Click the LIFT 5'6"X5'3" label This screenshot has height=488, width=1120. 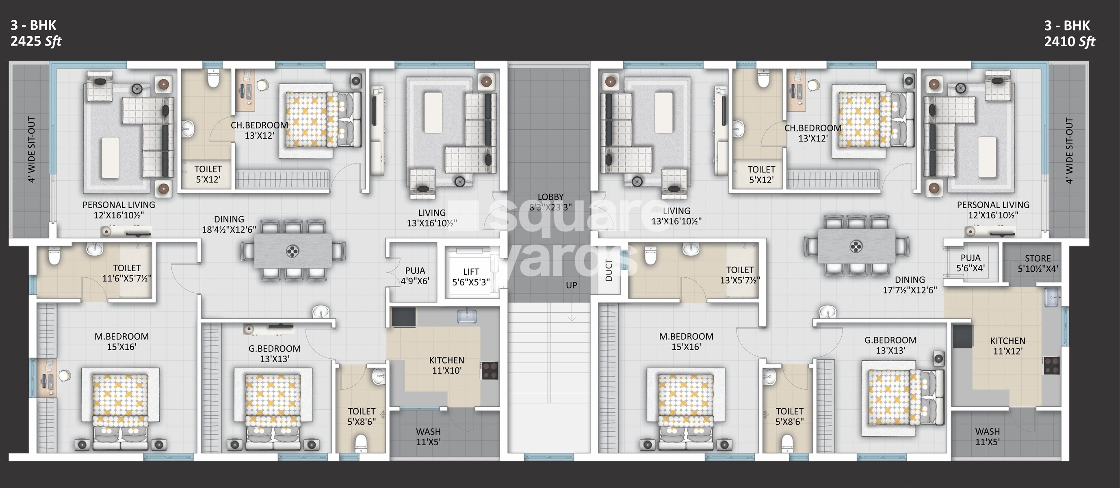point(471,277)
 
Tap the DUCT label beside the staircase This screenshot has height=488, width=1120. point(609,270)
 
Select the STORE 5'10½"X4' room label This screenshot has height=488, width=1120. point(1038,264)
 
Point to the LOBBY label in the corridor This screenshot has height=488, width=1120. point(550,202)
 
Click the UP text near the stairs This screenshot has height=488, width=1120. point(571,285)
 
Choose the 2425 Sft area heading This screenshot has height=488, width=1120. point(36,41)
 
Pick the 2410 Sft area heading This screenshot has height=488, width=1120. point(1070,42)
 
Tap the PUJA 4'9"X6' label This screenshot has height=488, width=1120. point(415,276)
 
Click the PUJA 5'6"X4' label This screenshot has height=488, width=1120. point(971,263)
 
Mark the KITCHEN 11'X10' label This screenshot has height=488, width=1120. point(446,365)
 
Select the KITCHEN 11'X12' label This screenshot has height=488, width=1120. point(1007,346)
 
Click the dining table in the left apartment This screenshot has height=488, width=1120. point(292,251)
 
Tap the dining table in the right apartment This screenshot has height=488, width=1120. point(856,247)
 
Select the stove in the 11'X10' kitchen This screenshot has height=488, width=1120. point(490,370)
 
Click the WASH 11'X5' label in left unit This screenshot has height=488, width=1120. point(428,437)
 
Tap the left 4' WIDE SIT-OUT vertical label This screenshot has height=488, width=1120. point(31,149)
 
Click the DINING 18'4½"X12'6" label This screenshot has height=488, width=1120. point(229,224)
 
